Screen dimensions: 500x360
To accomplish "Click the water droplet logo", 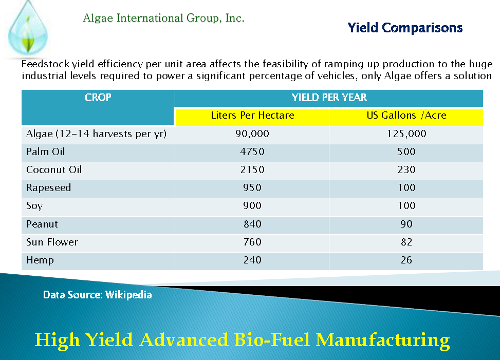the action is coord(28,29).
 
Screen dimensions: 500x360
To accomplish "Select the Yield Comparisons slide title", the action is coord(405,28).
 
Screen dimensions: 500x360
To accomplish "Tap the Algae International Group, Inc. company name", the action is coord(163,18).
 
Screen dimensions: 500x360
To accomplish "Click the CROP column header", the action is coord(98,97).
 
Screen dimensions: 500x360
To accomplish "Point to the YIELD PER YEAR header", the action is coord(329,98).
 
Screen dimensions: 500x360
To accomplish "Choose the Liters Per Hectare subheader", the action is coord(252,116).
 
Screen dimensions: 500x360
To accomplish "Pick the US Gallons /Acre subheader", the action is coord(406,116).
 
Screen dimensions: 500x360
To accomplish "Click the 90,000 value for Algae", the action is coord(252,134).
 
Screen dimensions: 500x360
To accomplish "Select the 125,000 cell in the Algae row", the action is coord(406,134).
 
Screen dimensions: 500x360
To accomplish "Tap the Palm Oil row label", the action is coord(46,151).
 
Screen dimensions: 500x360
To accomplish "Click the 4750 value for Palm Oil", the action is coord(252,151).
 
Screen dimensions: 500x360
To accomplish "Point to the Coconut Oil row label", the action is coord(54,170).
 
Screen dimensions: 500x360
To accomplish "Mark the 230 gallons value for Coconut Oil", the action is coord(406,170).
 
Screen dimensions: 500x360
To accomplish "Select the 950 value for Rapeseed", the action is coord(252,187).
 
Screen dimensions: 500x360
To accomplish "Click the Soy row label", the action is coord(34,206).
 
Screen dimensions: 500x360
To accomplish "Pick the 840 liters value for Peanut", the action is coord(252,224).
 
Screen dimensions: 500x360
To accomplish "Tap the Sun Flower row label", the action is coord(52,242).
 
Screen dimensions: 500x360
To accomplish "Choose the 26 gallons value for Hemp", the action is coord(406,260).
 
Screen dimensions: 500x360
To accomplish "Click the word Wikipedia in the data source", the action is coord(129,295).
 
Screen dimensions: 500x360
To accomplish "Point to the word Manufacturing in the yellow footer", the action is coord(383,340).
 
